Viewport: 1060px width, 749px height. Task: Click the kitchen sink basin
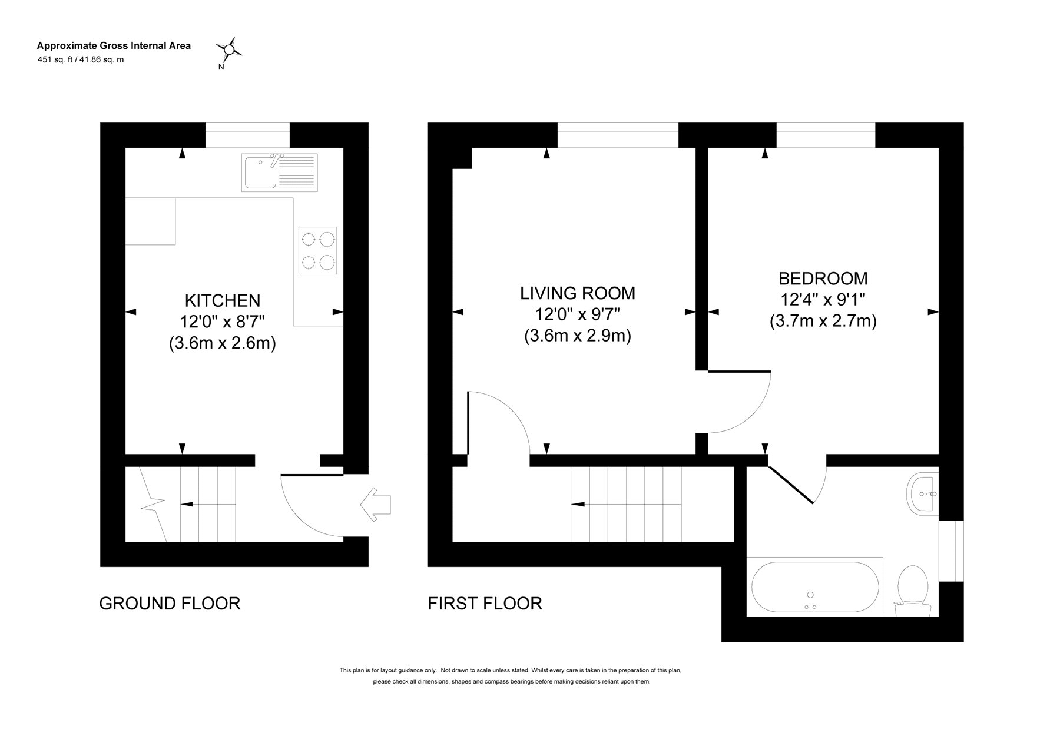[260, 173]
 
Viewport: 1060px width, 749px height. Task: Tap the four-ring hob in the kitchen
[318, 250]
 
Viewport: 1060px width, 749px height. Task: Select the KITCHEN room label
[223, 301]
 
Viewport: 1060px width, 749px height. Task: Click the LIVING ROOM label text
[578, 293]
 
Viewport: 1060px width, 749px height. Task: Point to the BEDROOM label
[823, 278]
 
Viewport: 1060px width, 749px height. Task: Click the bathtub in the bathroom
[816, 586]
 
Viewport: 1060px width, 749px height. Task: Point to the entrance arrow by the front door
[375, 505]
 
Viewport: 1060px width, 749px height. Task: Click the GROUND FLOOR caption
[170, 604]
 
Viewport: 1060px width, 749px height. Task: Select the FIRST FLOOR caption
[485, 604]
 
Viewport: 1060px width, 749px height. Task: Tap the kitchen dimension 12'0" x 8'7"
[223, 322]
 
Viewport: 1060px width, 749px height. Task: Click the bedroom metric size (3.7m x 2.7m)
[823, 321]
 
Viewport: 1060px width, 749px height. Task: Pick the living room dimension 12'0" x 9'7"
[578, 314]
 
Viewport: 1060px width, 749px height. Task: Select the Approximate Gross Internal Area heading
[114, 45]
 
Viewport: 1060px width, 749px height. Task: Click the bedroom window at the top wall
[826, 135]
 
